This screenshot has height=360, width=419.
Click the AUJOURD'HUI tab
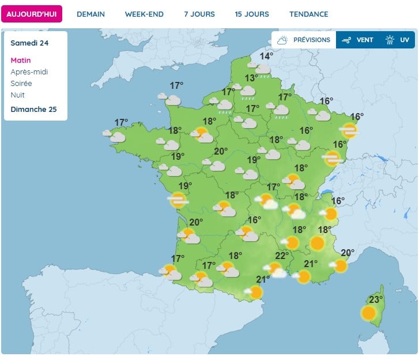point(32,14)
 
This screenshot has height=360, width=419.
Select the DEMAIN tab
point(90,14)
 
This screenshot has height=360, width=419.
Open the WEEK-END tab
point(144,14)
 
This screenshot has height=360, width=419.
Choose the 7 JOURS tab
point(199,14)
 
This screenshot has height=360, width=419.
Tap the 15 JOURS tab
point(252,14)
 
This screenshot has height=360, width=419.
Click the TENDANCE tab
point(309,14)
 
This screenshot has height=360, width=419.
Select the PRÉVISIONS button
point(304,40)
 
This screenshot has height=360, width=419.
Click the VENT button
point(358,40)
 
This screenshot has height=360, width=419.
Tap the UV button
point(398,40)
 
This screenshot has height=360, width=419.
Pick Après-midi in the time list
point(29,72)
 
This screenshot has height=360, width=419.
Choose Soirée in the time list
point(21,83)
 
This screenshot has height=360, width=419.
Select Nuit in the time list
point(18,95)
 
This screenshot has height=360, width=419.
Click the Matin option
point(21,60)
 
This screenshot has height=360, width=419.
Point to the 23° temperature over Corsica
point(376,299)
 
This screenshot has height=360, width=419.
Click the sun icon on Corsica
point(368,313)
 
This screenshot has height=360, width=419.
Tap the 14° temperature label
point(266,56)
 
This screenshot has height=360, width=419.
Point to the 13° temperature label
point(251,78)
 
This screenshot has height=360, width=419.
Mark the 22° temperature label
point(282,256)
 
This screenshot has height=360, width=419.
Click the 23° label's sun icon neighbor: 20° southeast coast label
point(347,252)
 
